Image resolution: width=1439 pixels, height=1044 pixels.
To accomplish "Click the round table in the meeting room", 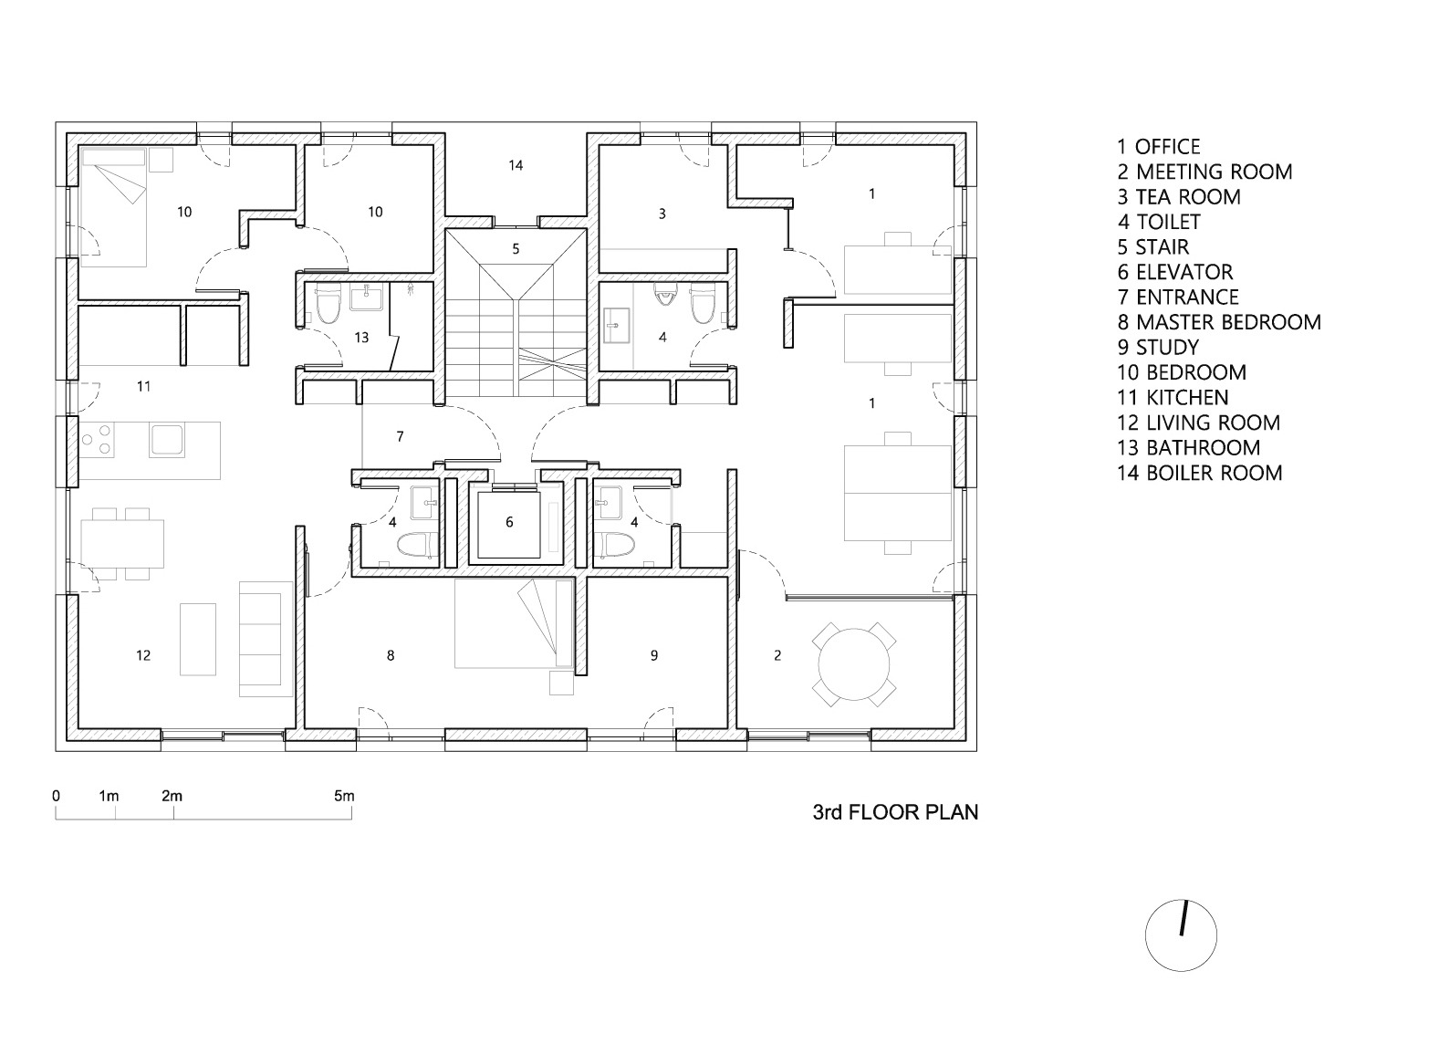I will pos(855,663).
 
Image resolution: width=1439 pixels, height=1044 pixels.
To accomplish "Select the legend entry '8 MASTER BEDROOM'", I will pos(1218,322).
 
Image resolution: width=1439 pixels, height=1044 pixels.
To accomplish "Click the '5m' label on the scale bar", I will pos(344,796).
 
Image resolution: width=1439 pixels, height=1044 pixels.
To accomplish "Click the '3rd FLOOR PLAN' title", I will pos(895,812).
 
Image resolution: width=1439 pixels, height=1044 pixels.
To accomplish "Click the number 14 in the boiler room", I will pos(516,165).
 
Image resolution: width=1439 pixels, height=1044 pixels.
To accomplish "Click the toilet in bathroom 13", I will pos(327,306).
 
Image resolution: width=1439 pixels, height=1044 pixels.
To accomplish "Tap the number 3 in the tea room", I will pos(662,214).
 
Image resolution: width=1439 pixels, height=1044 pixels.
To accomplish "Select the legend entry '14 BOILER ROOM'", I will pos(1199,473).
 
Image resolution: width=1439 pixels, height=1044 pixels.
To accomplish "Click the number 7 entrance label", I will pos(400,437).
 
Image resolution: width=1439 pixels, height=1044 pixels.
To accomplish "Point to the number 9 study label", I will pos(653,655).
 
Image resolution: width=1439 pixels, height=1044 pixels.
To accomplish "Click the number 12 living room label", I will pos(143,655).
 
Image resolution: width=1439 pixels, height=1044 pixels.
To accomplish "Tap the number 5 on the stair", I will pos(516,248).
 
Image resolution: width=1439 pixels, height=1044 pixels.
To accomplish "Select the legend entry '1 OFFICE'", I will pos(1158,147).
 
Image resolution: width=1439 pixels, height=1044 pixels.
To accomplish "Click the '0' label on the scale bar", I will pos(57,796).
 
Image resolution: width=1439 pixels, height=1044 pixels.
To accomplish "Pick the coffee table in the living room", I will pos(198,638).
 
